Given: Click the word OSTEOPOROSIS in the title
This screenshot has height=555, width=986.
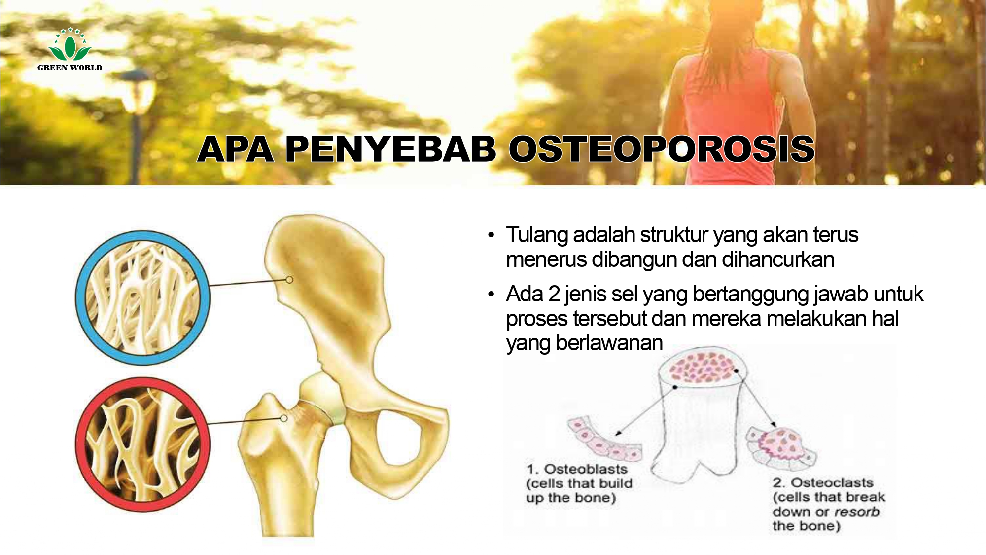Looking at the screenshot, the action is pyautogui.click(x=661, y=149).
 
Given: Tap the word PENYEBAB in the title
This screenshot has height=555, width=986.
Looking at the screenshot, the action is pyautogui.click(x=390, y=149).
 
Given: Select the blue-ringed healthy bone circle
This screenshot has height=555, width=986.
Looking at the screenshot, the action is pyautogui.click(x=142, y=298).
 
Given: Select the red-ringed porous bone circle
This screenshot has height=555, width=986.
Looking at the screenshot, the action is pyautogui.click(x=142, y=444).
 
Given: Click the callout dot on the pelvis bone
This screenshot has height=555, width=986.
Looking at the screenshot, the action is pyautogui.click(x=289, y=280).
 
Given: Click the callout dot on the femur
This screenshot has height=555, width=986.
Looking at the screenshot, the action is pyautogui.click(x=283, y=418).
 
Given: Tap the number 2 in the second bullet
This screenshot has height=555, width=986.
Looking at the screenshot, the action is pyautogui.click(x=554, y=294).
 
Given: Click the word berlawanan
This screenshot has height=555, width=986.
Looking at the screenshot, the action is pyautogui.click(x=609, y=343).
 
